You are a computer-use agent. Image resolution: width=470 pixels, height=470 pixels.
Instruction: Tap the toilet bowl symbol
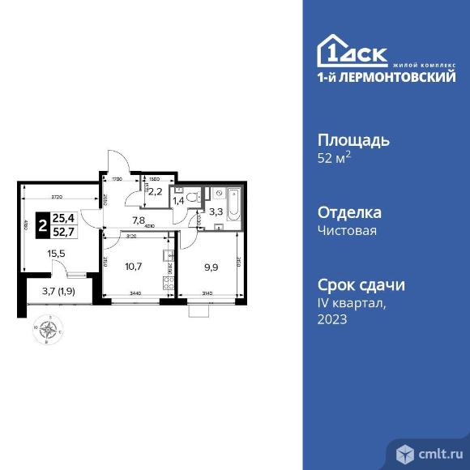[192, 197]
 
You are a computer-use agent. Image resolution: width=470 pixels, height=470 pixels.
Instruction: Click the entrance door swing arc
[115, 159]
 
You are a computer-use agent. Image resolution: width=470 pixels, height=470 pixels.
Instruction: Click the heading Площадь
[352, 139]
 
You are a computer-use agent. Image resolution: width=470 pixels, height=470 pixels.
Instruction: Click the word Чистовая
[348, 231]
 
